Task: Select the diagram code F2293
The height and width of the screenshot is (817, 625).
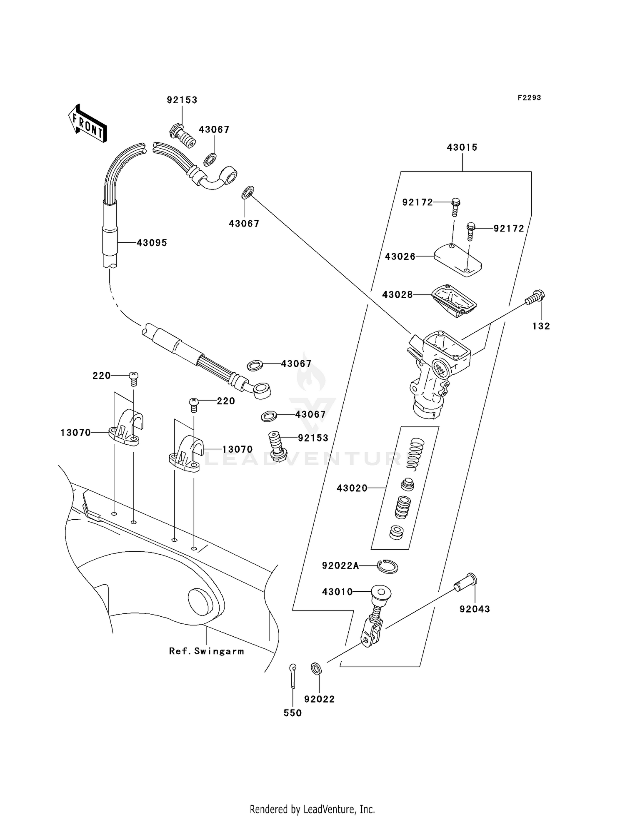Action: click(x=529, y=97)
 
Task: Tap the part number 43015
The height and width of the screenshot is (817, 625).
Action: click(x=462, y=147)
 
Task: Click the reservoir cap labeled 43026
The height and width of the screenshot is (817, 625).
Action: click(x=457, y=260)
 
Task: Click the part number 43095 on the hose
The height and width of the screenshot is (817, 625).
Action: click(x=152, y=243)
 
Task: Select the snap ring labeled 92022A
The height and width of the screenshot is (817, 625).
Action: click(x=387, y=566)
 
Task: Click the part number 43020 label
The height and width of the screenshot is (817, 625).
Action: click(x=352, y=488)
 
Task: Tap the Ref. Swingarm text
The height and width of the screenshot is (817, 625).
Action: click(x=206, y=651)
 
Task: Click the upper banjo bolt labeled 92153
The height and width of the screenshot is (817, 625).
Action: click(x=182, y=135)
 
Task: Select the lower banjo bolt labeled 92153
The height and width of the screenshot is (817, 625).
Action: click(x=277, y=446)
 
